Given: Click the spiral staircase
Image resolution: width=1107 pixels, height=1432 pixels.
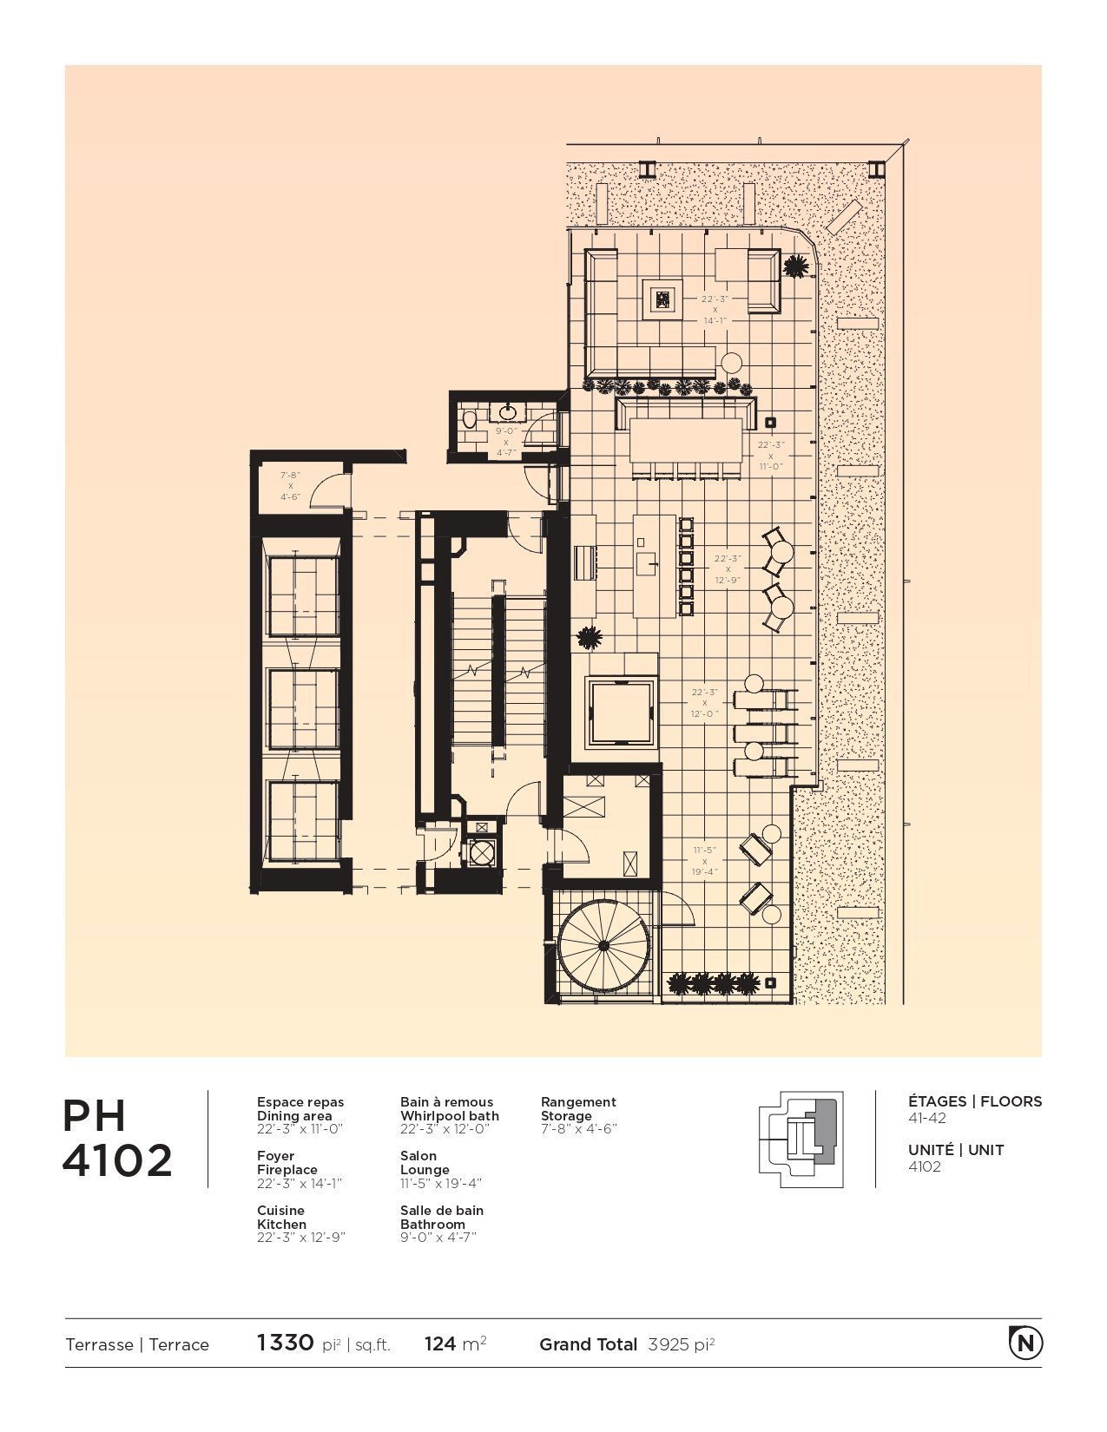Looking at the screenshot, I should click(x=603, y=946).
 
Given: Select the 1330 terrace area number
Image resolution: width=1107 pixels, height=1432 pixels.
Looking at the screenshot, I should click(x=286, y=1343).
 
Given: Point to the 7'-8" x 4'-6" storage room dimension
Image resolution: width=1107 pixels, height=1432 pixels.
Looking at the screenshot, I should click(x=290, y=486).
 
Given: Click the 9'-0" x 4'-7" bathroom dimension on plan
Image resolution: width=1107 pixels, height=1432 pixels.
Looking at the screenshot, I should click(x=506, y=442).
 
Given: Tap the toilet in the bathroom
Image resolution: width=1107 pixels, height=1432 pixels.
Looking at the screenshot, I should click(x=470, y=420).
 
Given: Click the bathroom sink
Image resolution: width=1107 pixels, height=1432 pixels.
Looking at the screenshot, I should click(x=507, y=411).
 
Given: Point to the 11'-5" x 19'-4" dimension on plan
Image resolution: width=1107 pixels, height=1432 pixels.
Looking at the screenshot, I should click(x=705, y=861).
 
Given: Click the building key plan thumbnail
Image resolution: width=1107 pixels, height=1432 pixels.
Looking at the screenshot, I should click(x=800, y=1139).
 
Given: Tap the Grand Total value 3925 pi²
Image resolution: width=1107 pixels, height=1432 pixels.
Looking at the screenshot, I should click(x=681, y=1344).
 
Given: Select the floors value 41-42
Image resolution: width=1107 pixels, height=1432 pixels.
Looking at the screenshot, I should click(x=927, y=1118).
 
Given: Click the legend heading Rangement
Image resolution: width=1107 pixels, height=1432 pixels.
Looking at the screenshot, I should click(x=578, y=1102).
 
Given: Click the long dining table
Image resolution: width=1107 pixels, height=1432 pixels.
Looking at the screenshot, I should click(x=687, y=441).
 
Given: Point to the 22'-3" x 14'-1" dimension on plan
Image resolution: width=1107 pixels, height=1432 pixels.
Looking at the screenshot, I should click(x=715, y=310).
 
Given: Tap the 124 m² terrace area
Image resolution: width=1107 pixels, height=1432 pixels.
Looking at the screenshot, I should click(x=455, y=1343).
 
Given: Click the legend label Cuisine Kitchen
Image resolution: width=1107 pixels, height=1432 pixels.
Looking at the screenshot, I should click(x=281, y=1217).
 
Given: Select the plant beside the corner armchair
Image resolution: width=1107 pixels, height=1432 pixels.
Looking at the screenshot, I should click(x=794, y=266).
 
